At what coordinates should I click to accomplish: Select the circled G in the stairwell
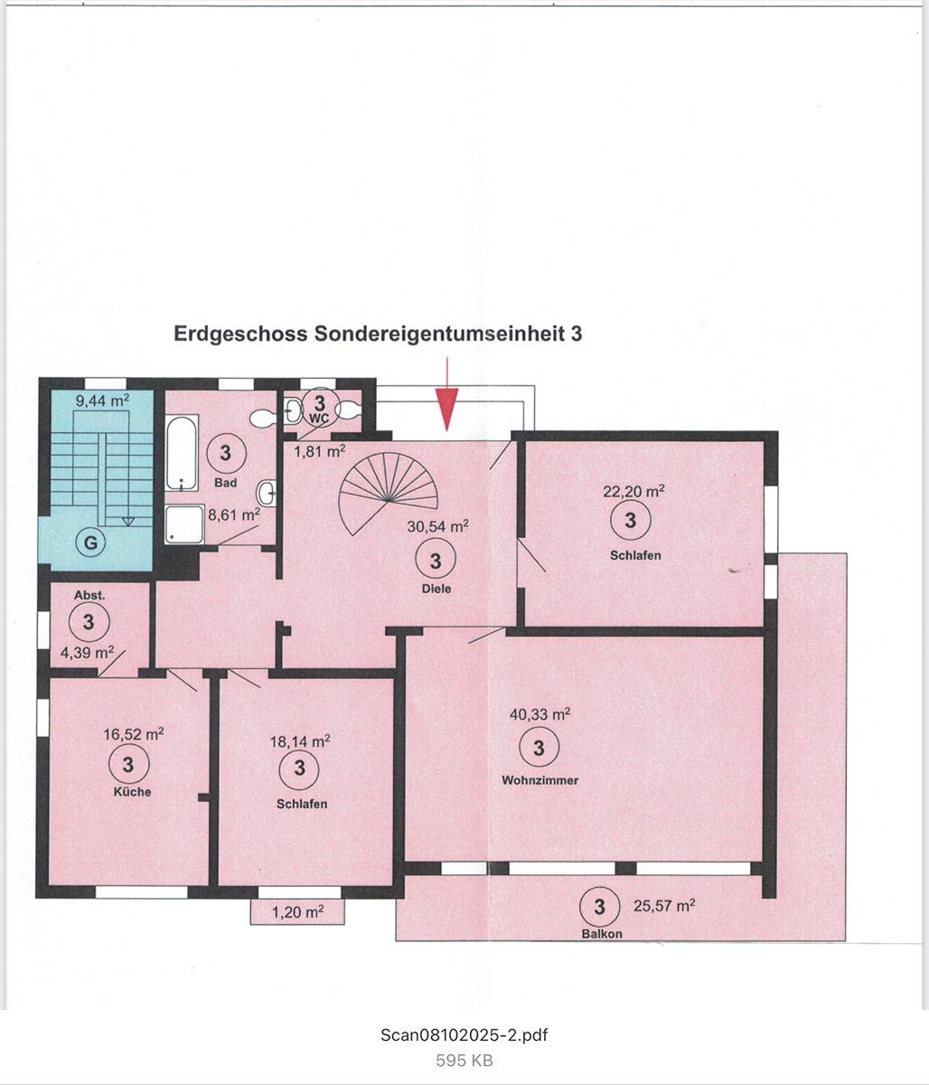click(90, 542)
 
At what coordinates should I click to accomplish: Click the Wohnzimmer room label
click(540, 780)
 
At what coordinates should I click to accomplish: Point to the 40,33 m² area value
click(540, 714)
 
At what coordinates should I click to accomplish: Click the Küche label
click(132, 791)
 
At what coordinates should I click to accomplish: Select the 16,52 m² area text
click(133, 733)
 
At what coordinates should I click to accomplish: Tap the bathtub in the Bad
click(182, 453)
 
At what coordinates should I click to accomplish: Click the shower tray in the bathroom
click(184, 524)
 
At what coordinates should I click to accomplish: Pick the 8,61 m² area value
click(234, 514)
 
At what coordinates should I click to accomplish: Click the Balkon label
click(602, 934)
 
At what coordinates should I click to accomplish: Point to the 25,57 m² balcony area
click(664, 905)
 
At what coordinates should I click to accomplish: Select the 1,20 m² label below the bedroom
click(297, 911)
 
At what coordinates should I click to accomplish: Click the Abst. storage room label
click(89, 595)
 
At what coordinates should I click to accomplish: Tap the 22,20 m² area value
click(633, 491)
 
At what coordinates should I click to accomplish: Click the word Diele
click(436, 589)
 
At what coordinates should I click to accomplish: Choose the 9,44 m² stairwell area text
click(103, 401)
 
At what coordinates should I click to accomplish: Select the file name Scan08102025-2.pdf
click(464, 1035)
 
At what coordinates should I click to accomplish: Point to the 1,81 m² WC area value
click(320, 450)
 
